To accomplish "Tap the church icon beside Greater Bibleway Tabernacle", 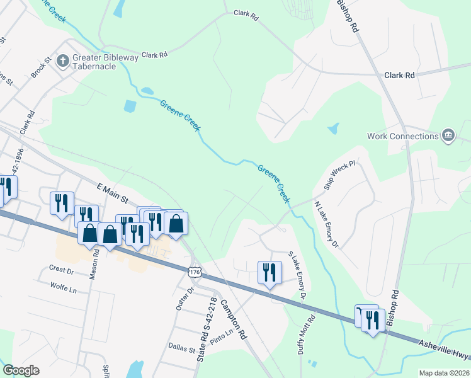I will tap(62, 60).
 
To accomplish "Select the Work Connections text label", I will tap(403, 136).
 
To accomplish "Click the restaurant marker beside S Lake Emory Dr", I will tap(269, 272).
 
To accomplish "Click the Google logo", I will tap(21, 370).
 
